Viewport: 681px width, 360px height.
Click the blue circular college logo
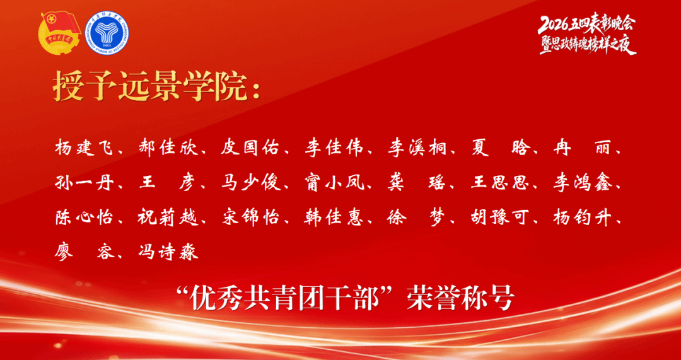coord(107,33)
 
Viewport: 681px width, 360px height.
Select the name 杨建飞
coord(83,148)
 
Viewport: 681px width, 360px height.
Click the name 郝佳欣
coord(167,148)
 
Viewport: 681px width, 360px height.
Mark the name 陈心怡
coord(83,217)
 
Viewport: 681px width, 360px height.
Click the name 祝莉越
coord(167,217)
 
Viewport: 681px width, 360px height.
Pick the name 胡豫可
coord(499,217)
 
